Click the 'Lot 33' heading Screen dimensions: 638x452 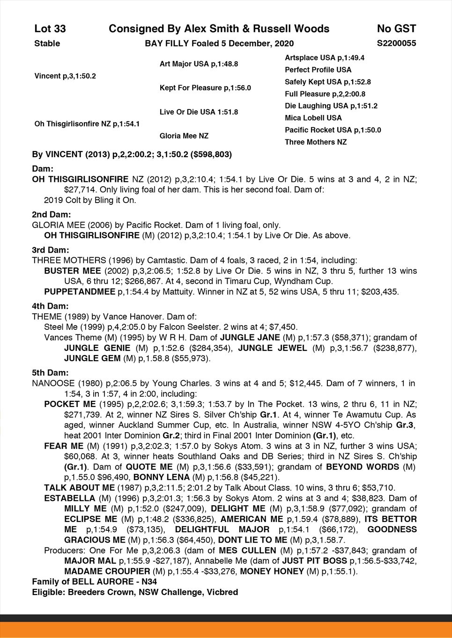[x=50, y=29]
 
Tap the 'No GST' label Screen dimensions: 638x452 [x=396, y=29]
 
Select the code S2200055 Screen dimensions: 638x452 [x=396, y=43]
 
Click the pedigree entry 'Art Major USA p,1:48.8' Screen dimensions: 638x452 [x=199, y=64]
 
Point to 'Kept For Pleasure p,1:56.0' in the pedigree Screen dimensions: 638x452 [x=205, y=88]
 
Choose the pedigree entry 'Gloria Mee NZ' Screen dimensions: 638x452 [x=184, y=136]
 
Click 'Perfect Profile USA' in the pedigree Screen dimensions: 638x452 [x=318, y=70]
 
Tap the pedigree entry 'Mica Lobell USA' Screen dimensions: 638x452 [x=313, y=118]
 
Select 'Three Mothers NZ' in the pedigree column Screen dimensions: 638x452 [x=316, y=142]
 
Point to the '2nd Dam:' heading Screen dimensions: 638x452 [x=52, y=215]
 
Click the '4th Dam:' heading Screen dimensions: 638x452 [x=50, y=306]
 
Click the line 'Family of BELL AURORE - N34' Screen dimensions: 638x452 [x=94, y=582]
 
